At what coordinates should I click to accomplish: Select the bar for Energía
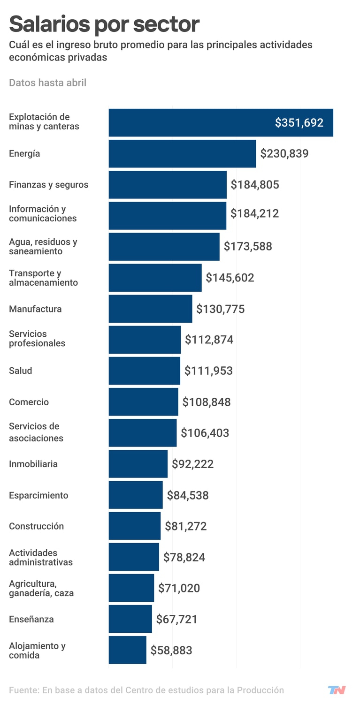[x=182, y=153]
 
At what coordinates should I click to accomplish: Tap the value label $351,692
[x=299, y=123]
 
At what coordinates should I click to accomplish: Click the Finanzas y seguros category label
[x=48, y=185]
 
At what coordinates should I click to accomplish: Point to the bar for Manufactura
[x=150, y=309]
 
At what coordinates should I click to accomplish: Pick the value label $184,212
[x=254, y=214]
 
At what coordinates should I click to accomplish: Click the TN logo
[x=337, y=690]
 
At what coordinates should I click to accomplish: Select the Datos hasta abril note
[x=47, y=83]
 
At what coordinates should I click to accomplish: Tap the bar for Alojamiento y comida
[x=127, y=650]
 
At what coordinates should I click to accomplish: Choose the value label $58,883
[x=171, y=651]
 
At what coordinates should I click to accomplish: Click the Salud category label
[x=21, y=371]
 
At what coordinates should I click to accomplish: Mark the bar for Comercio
[x=143, y=401]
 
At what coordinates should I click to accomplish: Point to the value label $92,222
[x=192, y=464]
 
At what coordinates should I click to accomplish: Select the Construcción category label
[x=36, y=526]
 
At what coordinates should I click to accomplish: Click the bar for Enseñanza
[x=130, y=619]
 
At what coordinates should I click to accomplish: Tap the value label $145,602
[x=230, y=278]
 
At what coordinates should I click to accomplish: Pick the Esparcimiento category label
[x=38, y=495]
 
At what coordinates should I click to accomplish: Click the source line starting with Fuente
[x=146, y=690]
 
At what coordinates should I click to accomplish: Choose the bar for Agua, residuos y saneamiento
[x=164, y=247]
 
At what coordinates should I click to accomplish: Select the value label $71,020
[x=179, y=588]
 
